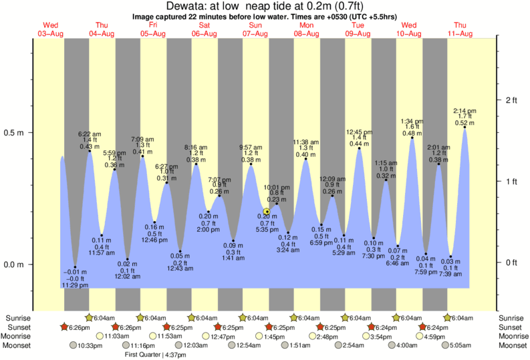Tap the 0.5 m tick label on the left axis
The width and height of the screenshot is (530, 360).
[15, 132]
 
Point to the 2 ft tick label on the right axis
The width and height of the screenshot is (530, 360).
[511, 100]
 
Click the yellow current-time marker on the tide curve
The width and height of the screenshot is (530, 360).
[267, 212]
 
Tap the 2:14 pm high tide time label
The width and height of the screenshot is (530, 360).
[465, 111]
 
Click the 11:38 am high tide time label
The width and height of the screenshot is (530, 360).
[306, 142]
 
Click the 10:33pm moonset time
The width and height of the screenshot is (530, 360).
[91, 345]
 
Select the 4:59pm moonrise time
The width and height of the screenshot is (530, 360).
[435, 336]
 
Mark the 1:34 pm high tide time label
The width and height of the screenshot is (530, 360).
[412, 122]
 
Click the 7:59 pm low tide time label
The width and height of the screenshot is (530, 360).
[426, 271]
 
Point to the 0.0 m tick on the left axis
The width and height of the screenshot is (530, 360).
[15, 264]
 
